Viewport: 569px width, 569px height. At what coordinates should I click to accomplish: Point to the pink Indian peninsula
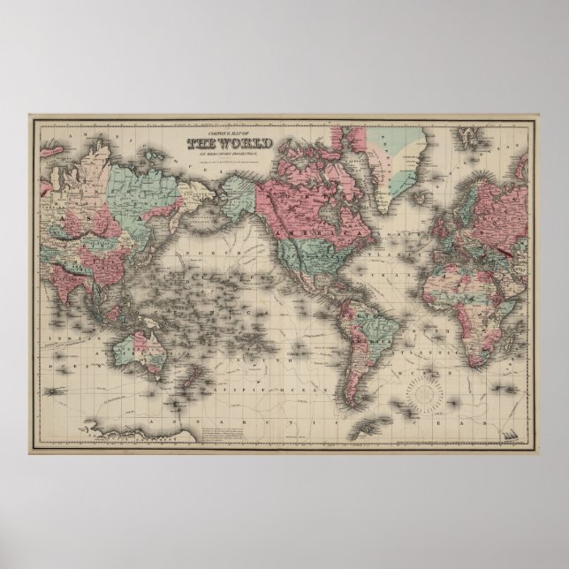pyautogui.click(x=88, y=265)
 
